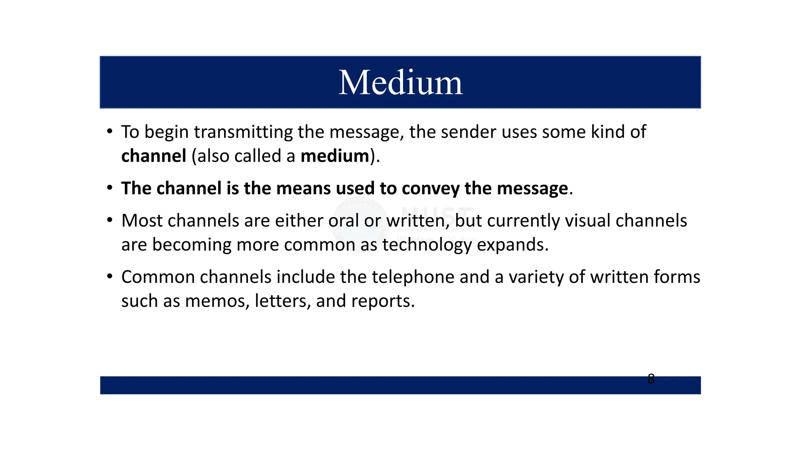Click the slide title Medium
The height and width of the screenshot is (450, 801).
pyautogui.click(x=400, y=82)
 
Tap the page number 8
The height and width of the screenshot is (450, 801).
pyautogui.click(x=651, y=379)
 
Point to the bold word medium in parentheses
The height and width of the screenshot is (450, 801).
pyautogui.click(x=335, y=156)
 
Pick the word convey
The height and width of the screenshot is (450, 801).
pyautogui.click(x=431, y=188)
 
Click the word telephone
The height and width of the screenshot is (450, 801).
pyautogui.click(x=413, y=277)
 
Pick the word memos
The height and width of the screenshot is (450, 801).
pyautogui.click(x=217, y=301)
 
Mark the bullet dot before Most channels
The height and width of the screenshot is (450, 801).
pyautogui.click(x=110, y=220)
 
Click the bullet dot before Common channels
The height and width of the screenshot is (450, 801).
pyautogui.click(x=110, y=277)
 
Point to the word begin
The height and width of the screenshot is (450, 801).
pyautogui.click(x=167, y=132)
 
